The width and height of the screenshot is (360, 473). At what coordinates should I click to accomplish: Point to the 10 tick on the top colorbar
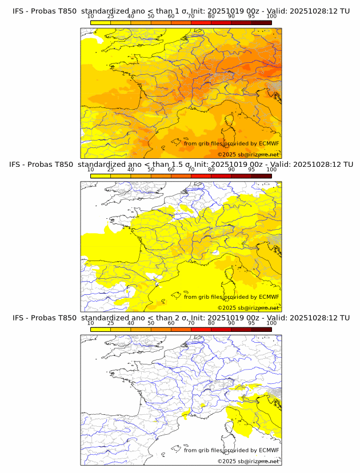[x=91, y=17]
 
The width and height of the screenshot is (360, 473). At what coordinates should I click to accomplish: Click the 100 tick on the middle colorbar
[x=271, y=170]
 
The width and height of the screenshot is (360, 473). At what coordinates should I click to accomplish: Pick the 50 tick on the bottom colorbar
[x=151, y=323]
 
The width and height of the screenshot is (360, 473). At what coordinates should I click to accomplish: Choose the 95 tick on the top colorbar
[x=251, y=17]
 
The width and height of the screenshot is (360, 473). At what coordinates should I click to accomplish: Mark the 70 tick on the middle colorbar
[x=191, y=170]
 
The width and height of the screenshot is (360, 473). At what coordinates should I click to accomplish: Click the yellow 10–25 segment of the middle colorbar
[x=101, y=176]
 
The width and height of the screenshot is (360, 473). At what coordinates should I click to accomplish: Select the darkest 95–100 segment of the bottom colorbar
[x=261, y=330]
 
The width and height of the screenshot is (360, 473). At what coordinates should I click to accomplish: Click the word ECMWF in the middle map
[x=269, y=297]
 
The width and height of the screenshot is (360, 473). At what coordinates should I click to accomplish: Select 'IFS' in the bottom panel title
[x=18, y=318]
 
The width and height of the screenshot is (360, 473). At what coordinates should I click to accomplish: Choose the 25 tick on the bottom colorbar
[x=111, y=323]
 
